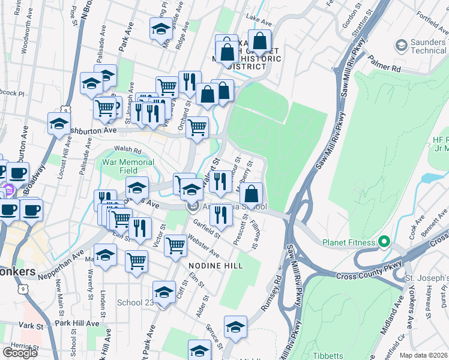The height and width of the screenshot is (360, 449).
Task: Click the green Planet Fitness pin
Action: (385, 242)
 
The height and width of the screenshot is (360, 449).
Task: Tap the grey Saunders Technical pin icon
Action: (400, 45)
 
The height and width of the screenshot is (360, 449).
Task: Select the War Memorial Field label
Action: (128, 166)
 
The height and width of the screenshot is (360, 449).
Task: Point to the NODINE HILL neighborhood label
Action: (215, 265)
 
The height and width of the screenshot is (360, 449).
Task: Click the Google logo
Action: (20, 352)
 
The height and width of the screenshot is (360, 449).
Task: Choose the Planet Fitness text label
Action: (349, 242)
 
